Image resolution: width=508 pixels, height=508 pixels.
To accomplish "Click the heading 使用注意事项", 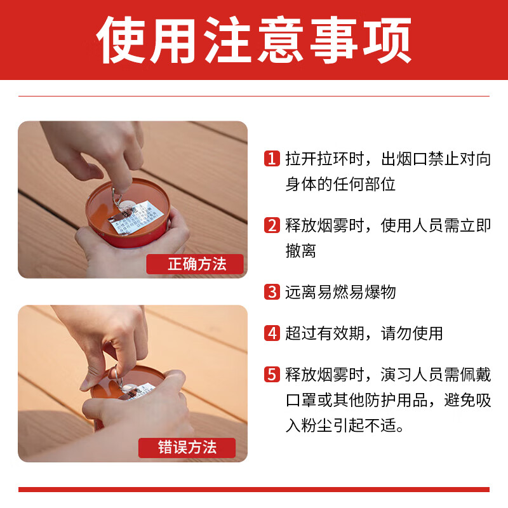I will pos(254,39).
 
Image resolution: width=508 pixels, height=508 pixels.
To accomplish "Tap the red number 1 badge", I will pos(272,159).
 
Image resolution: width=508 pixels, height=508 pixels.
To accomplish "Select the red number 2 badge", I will pos(272,225).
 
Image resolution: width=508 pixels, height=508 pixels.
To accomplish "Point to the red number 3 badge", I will pos(272,292).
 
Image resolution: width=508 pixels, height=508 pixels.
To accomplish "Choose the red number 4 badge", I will pos(272,333).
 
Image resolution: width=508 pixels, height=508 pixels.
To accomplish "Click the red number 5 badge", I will pos(272,375).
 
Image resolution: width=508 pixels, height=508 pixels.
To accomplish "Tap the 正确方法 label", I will pos(196,264).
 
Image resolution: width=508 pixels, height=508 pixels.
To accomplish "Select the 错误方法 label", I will pos(187,448).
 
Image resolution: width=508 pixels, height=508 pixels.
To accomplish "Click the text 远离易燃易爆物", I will pos(340,292).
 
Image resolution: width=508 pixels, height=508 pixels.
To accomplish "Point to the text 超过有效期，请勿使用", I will pos(364,333).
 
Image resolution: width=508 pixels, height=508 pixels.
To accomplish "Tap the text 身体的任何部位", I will pos(340,185).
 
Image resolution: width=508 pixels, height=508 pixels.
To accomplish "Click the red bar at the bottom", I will pos(254,489).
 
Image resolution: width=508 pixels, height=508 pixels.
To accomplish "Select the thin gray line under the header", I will pos(254,96).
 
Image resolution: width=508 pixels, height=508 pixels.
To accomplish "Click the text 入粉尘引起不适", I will pos(345,425).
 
